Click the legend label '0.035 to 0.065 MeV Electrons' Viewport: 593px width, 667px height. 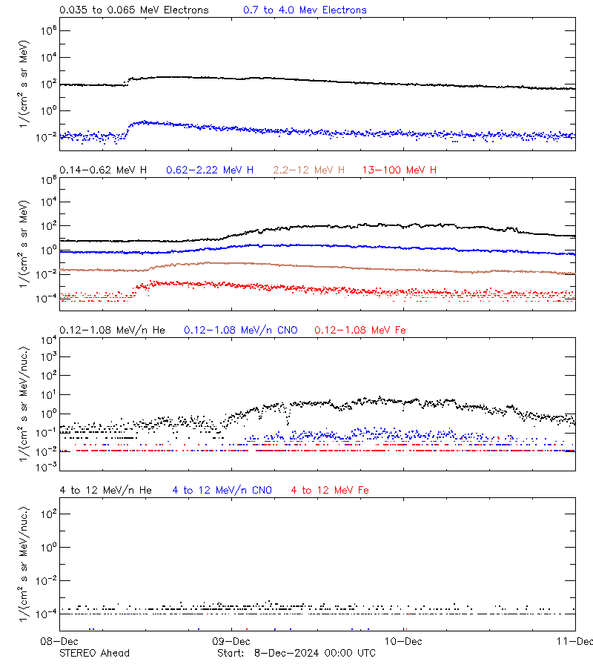[133, 10]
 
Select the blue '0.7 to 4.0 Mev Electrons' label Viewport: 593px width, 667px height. [305, 10]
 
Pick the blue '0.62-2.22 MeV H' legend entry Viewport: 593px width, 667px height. [210, 170]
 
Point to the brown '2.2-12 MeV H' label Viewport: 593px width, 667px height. [309, 170]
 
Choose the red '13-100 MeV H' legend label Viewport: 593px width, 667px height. [400, 170]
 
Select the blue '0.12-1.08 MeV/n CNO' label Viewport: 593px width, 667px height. [241, 330]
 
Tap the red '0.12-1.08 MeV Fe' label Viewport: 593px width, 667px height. [360, 330]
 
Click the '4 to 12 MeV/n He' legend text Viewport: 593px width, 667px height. [105, 490]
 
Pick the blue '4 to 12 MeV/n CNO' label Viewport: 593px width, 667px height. [222, 490]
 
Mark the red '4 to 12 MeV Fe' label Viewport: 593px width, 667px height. [330, 490]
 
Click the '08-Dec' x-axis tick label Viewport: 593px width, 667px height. [60, 640]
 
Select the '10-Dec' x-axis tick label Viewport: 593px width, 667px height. [403, 640]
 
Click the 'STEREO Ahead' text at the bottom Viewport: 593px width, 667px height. [94, 653]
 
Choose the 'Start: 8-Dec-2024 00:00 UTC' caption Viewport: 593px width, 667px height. [296, 653]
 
